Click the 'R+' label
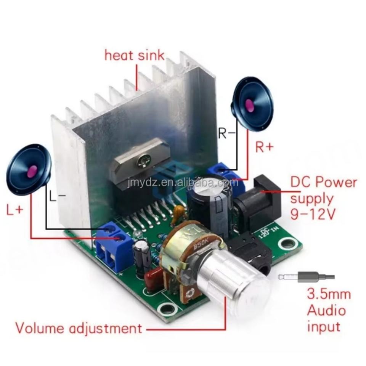tap(265, 147)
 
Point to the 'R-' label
tap(226, 133)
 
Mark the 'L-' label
tap(57, 196)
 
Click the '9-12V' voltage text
tap(313, 215)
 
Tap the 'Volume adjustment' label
tap(79, 327)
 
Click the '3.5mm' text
tap(329, 294)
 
